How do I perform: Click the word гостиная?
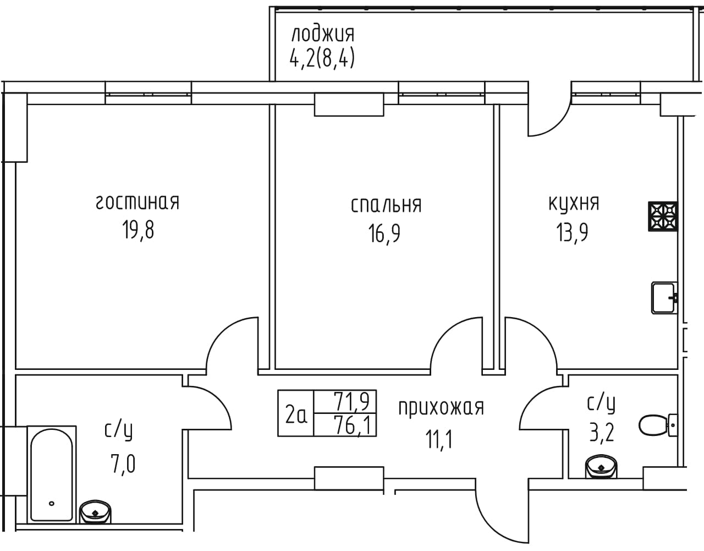point(137,203)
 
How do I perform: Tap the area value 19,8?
point(138,230)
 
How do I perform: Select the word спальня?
point(386,205)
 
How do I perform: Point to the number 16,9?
point(384,233)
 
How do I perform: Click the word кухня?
point(574,204)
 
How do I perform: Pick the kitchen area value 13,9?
point(572,232)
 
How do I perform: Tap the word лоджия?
point(323,35)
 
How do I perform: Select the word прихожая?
point(441,408)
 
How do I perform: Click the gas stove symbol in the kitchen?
point(663,216)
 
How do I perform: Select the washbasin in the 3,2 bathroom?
point(601,466)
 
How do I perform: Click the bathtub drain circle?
point(51,503)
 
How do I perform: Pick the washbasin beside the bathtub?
point(95,512)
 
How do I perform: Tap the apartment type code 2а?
point(296,416)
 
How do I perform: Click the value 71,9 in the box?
point(351,401)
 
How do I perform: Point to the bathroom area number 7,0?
point(123,464)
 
